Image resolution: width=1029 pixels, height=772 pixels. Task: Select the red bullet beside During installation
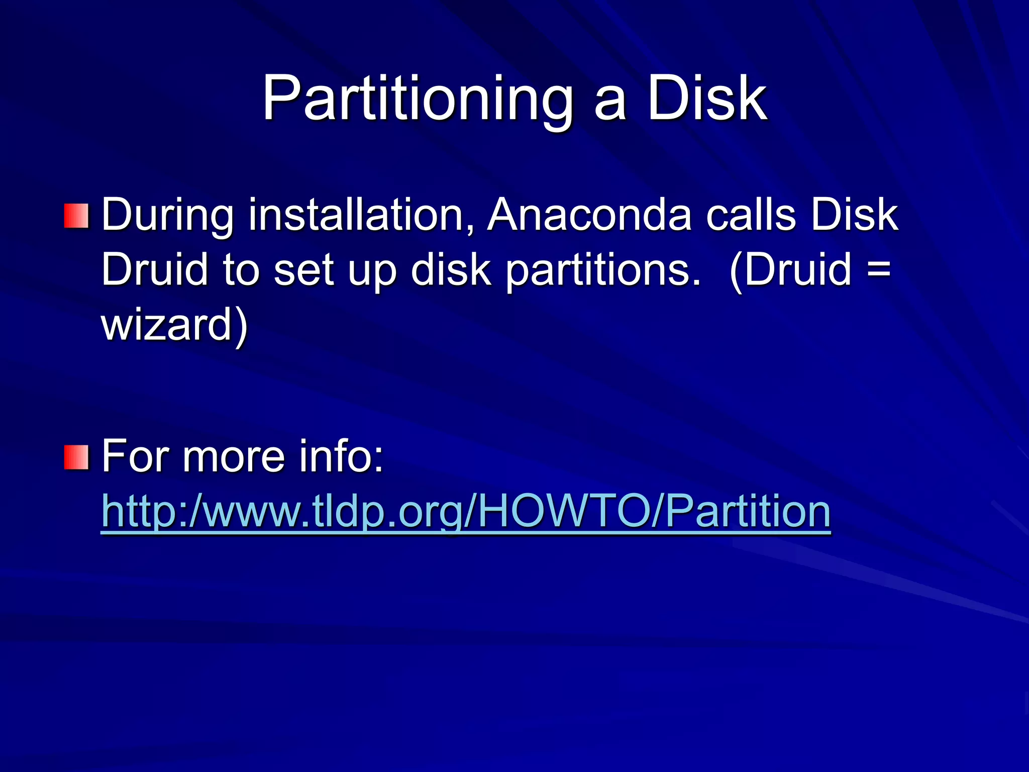(x=76, y=216)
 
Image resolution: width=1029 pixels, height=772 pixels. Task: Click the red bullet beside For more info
(x=76, y=457)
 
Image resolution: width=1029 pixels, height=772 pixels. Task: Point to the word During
(x=168, y=216)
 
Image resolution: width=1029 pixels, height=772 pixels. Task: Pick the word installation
(x=361, y=215)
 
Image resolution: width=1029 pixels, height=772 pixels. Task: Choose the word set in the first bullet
(x=303, y=269)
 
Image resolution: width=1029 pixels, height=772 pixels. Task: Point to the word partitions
(x=602, y=270)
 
